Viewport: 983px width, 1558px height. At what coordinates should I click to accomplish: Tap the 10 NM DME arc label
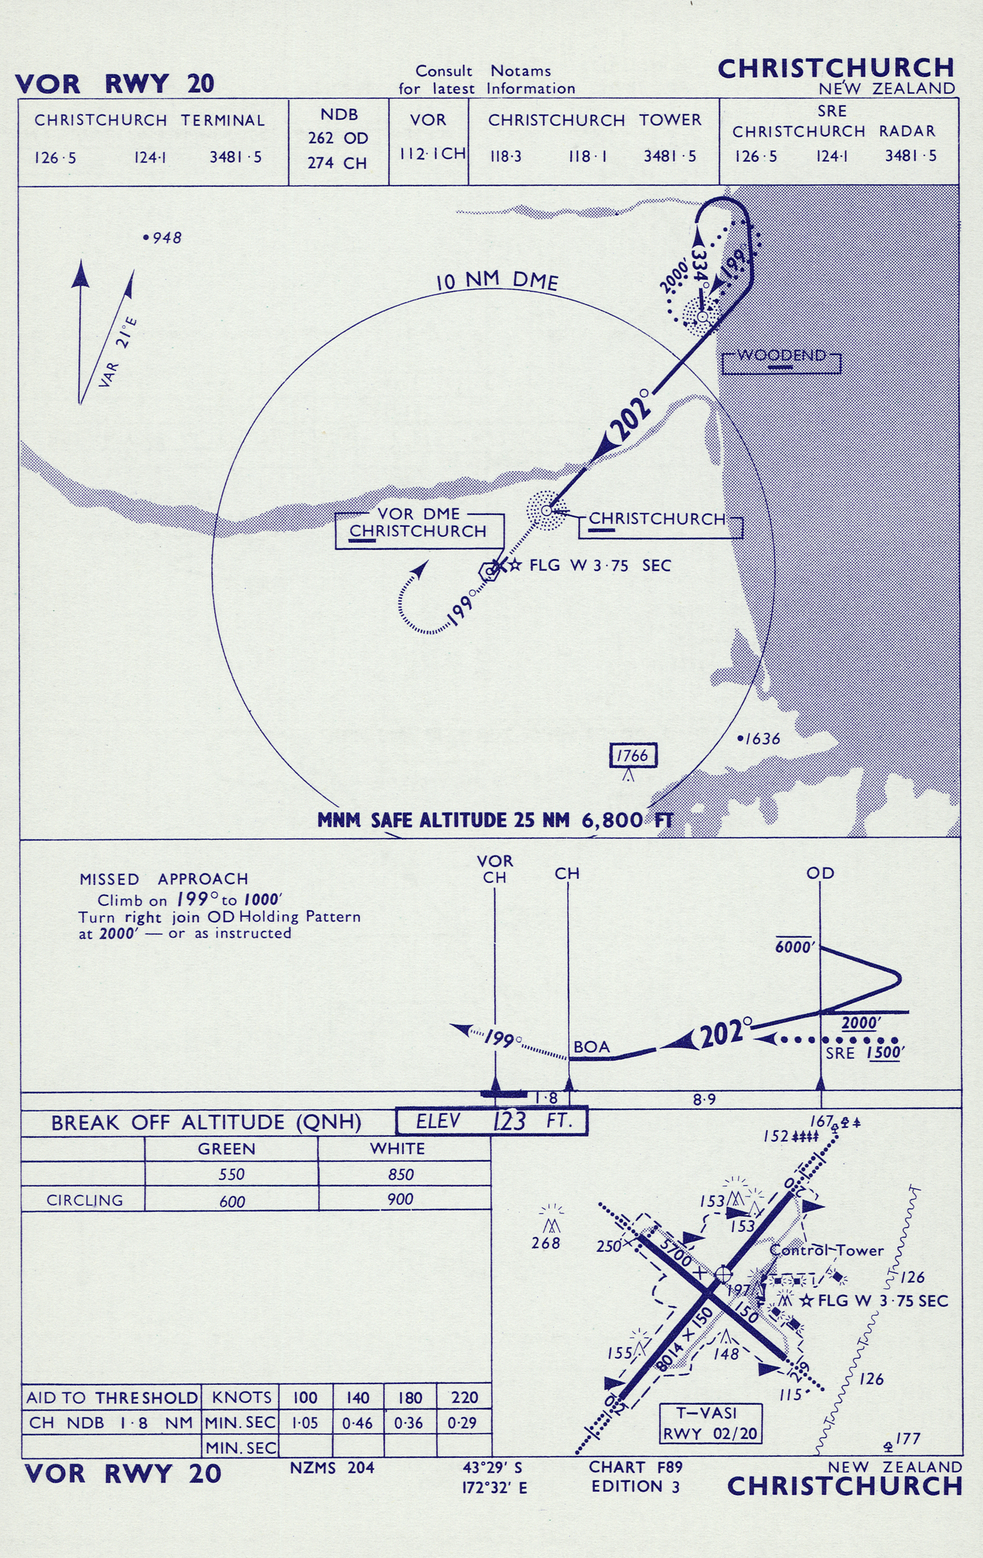pyautogui.click(x=497, y=281)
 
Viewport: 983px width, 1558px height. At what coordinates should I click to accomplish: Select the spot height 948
pyautogui.click(x=163, y=238)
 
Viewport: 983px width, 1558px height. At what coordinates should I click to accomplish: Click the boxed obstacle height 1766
pyautogui.click(x=634, y=755)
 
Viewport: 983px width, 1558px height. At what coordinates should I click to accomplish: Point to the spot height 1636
pyautogui.click(x=760, y=739)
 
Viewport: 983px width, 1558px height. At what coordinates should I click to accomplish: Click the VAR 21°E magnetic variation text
pyautogui.click(x=118, y=352)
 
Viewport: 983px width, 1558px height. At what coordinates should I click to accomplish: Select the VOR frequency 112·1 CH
pyautogui.click(x=431, y=154)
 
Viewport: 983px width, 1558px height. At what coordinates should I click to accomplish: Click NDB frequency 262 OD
pyautogui.click(x=338, y=138)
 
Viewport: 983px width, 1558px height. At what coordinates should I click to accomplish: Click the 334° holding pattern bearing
pyautogui.click(x=700, y=265)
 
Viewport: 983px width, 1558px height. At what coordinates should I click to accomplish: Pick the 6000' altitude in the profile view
pyautogui.click(x=795, y=947)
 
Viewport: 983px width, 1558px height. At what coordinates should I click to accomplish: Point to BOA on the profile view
pyautogui.click(x=592, y=1047)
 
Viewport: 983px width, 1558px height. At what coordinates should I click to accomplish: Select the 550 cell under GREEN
pyautogui.click(x=232, y=1174)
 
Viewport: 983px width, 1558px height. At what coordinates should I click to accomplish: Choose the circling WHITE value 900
pyautogui.click(x=400, y=1199)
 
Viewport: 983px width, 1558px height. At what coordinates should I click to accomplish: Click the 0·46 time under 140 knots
pyautogui.click(x=357, y=1423)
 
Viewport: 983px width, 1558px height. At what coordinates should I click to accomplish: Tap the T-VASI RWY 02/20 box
pyautogui.click(x=711, y=1423)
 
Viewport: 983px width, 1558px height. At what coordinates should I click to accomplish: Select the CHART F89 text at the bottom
pyautogui.click(x=636, y=1467)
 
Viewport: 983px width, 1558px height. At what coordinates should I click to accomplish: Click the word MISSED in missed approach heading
pyautogui.click(x=109, y=880)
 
